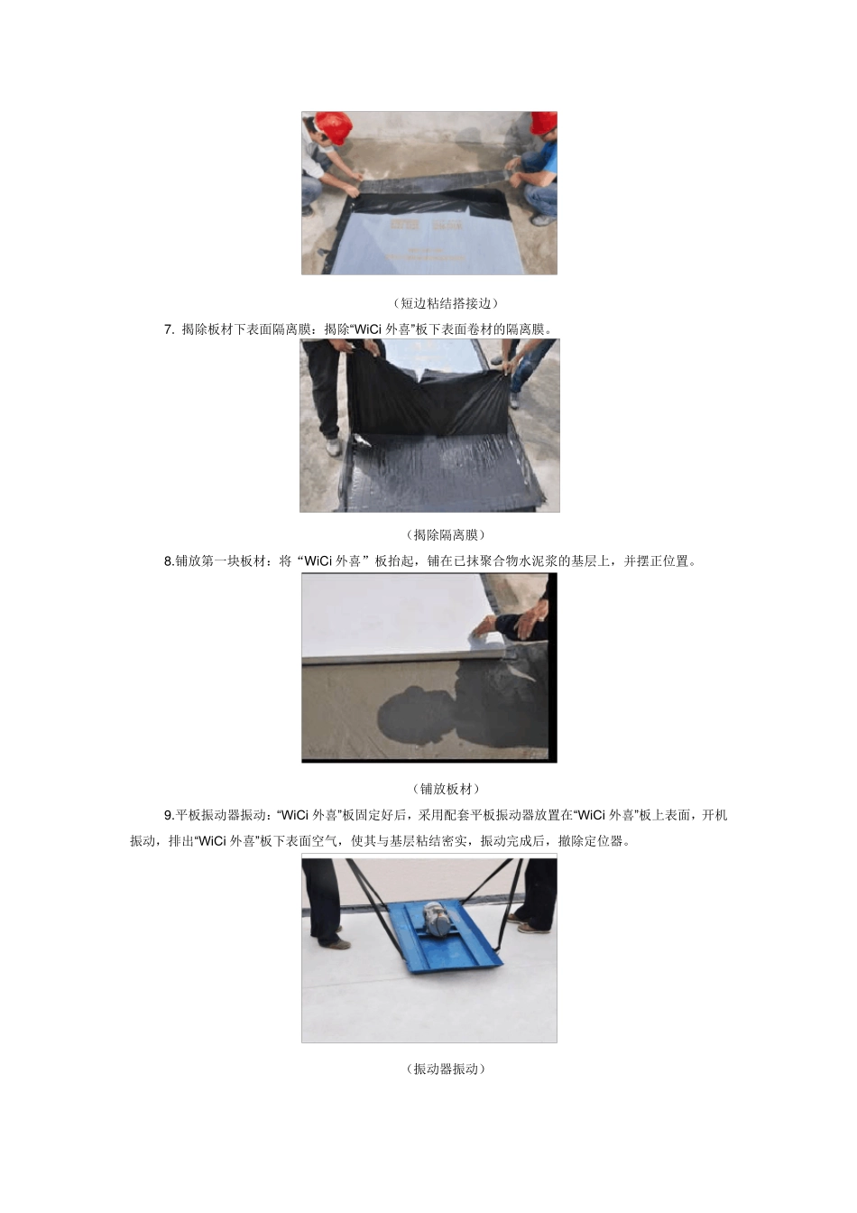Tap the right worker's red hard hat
click(545, 124)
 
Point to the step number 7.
click(168, 329)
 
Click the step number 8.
click(168, 561)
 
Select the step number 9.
click(168, 815)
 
